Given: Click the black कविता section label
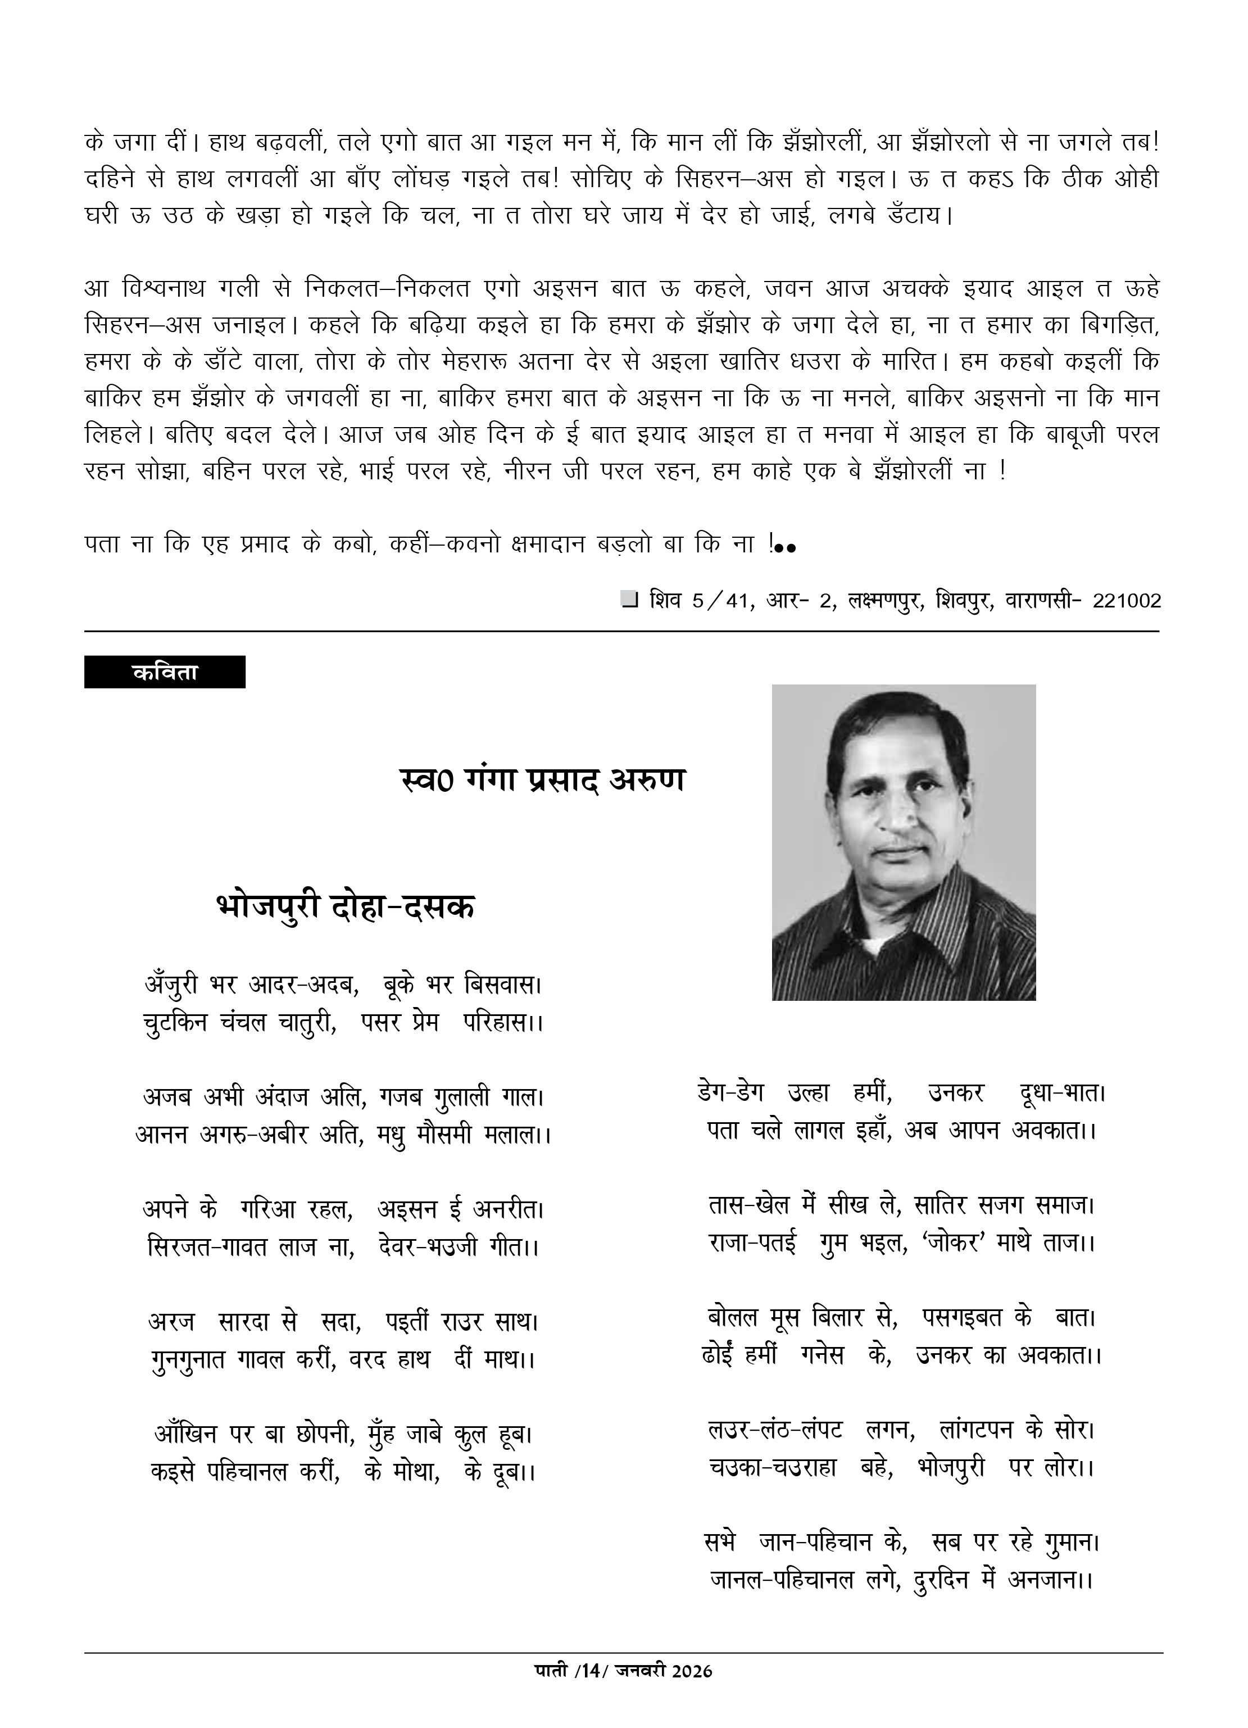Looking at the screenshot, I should [165, 672].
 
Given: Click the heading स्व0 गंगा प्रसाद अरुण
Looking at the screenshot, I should [542, 780].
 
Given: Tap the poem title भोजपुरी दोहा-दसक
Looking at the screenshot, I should [345, 906].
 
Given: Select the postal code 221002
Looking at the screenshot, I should [1126, 601].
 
